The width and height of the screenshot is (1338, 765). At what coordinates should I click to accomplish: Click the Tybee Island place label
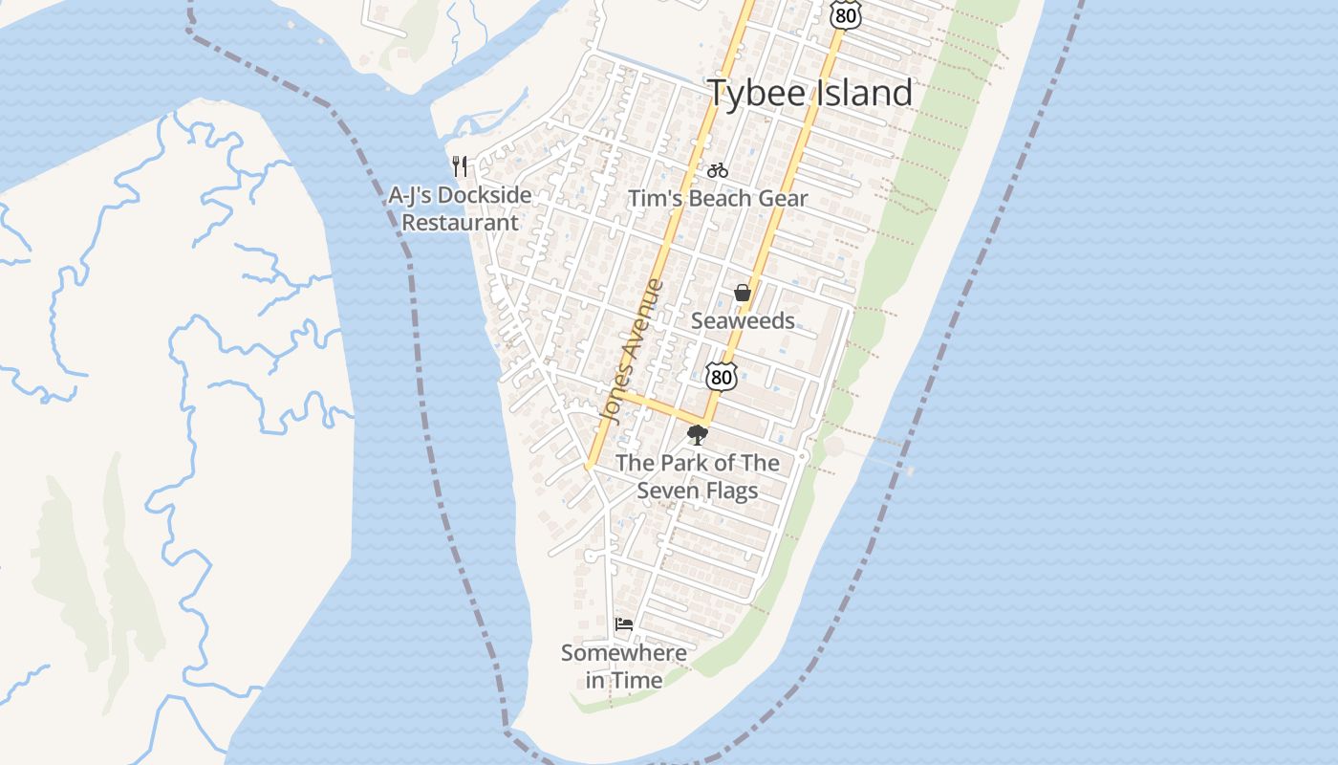point(809,94)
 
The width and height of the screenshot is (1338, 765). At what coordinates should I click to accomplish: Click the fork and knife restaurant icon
point(460,166)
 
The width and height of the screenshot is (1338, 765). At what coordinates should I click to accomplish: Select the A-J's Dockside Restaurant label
point(460,208)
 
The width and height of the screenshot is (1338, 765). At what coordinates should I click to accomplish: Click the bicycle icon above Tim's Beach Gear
point(718,171)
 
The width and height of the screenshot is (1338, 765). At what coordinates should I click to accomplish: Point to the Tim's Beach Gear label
point(718,199)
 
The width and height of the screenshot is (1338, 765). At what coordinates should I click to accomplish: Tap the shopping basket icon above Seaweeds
point(743,293)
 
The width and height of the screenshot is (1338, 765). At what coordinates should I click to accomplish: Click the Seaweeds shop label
point(743,321)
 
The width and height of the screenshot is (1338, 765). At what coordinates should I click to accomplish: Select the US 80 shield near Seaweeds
point(722,376)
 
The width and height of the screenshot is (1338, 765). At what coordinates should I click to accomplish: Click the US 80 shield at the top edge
point(845,13)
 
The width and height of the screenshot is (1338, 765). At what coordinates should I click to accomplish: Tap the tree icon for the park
point(698,435)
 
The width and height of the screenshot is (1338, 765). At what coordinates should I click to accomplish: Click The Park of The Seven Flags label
point(698,476)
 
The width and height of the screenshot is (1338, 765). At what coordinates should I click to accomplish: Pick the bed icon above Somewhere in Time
point(624,624)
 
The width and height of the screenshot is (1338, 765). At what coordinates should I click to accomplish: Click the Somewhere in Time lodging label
point(624,667)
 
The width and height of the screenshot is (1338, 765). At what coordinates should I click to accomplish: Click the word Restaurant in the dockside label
point(461,223)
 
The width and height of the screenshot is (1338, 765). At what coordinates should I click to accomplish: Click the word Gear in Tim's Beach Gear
point(782,199)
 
